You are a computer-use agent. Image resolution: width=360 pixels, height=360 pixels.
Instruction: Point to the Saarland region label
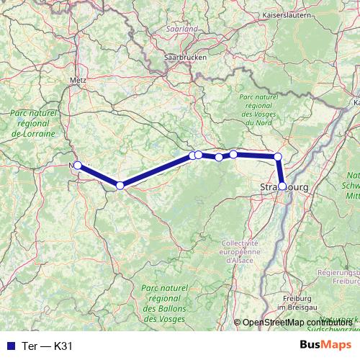click(181, 29)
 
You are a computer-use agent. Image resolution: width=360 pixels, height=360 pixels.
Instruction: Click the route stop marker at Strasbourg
click(282, 186)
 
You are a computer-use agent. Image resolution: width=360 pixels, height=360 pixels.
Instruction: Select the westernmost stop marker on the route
click(78, 165)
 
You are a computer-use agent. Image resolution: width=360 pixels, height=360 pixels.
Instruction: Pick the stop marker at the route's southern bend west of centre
click(120, 186)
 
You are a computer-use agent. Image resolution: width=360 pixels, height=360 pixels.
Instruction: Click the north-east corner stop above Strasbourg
click(277, 156)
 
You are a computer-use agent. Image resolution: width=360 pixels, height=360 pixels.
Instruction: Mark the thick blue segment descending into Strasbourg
click(280, 171)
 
